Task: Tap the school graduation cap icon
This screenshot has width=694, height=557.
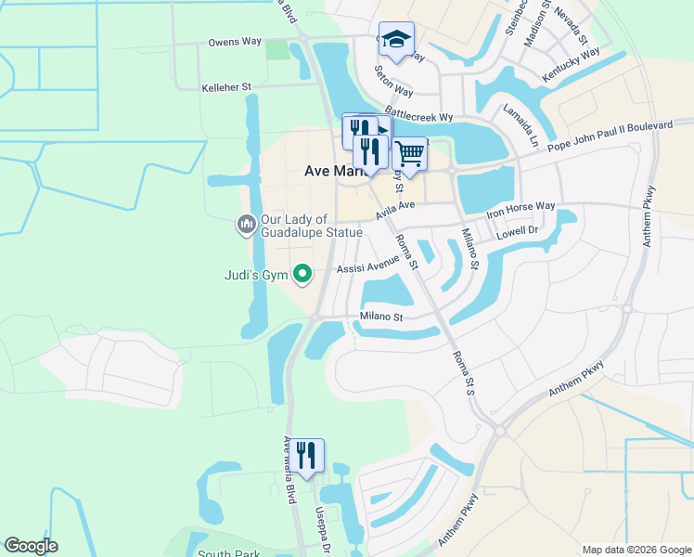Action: [x=396, y=40]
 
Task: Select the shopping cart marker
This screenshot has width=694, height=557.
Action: [x=409, y=154]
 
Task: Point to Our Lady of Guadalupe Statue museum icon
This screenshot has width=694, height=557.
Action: [x=246, y=225]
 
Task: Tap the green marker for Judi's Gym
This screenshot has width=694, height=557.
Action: [x=302, y=274]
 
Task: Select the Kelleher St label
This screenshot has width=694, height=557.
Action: [x=226, y=87]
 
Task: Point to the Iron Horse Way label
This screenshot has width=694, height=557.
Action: [x=520, y=206]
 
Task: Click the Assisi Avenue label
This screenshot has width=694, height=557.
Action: [x=367, y=265]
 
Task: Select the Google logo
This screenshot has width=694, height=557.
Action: [x=31, y=546]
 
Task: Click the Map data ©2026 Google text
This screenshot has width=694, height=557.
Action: [x=636, y=550]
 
